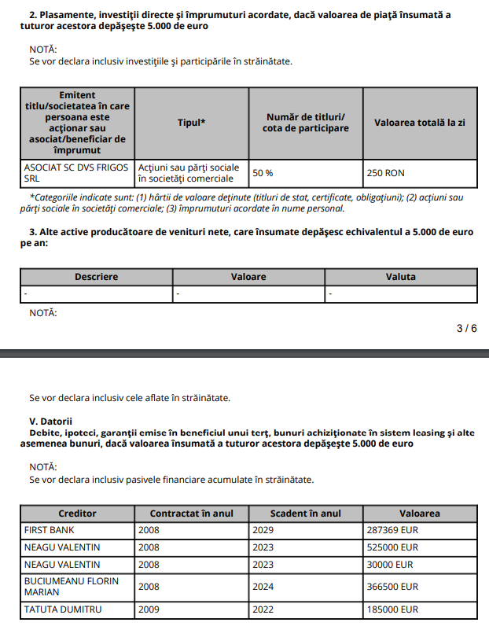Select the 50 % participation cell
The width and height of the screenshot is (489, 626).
coord(263,172)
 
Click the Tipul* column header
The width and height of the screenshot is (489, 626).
coord(192,123)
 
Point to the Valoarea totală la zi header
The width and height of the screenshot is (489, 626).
coord(420,123)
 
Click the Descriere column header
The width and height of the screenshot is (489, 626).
coord(96,277)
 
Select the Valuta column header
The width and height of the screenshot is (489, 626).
coord(400,277)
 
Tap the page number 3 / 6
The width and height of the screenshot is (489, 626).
coord(466,328)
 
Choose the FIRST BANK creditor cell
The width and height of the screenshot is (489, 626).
coord(49,530)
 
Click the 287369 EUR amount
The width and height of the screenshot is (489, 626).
coord(392,530)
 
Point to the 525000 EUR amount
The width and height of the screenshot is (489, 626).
coord(392,547)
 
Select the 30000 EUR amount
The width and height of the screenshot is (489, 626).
coord(390,565)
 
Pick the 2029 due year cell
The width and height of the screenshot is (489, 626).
coord(263,530)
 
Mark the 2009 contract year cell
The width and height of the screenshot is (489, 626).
coord(149,609)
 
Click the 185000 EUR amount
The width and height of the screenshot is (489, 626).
coord(392,609)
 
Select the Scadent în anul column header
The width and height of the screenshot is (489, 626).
coord(305,514)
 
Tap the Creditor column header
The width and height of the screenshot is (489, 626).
coord(77,514)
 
